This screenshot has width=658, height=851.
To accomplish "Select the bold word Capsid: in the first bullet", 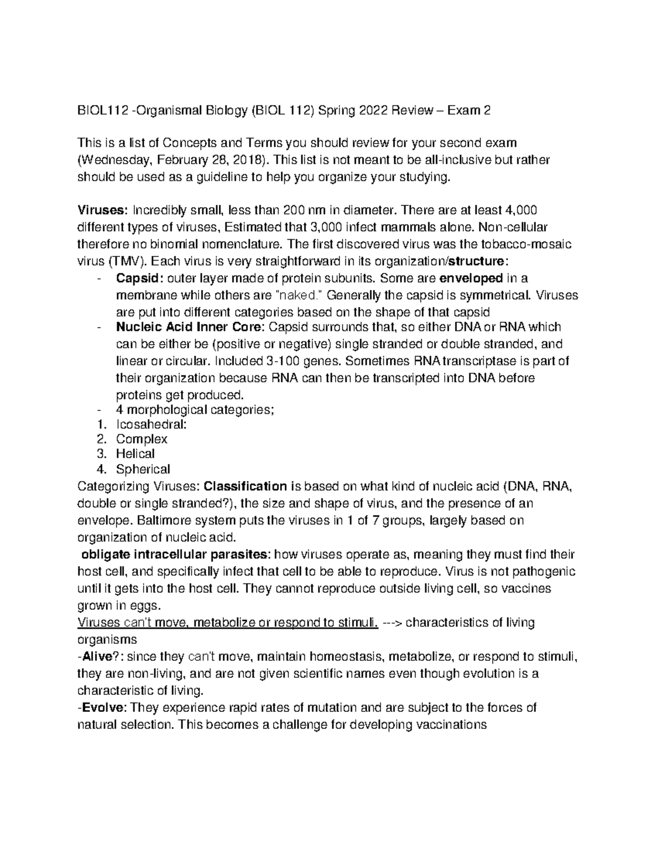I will (139, 278).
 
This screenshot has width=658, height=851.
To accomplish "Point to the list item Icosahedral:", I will (144, 424).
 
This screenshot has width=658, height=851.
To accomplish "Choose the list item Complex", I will (141, 439).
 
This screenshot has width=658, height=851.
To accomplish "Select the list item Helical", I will (135, 454).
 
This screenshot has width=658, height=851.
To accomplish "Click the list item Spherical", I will (143, 469).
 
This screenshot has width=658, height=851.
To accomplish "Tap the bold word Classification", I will (245, 486).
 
